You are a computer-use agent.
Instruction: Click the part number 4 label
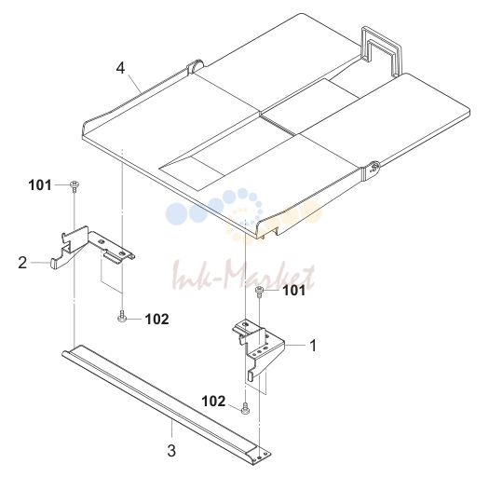121,68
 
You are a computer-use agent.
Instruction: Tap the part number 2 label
22,263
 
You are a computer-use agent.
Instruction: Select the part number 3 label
171,451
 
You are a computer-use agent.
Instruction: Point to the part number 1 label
313,346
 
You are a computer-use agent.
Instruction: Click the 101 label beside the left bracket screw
40,185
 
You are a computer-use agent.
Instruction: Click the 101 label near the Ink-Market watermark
293,291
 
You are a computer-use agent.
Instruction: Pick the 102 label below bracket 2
156,319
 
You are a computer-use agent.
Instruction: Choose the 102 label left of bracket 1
213,402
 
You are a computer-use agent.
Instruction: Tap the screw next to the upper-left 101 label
74,186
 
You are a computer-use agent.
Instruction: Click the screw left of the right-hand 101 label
259,292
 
